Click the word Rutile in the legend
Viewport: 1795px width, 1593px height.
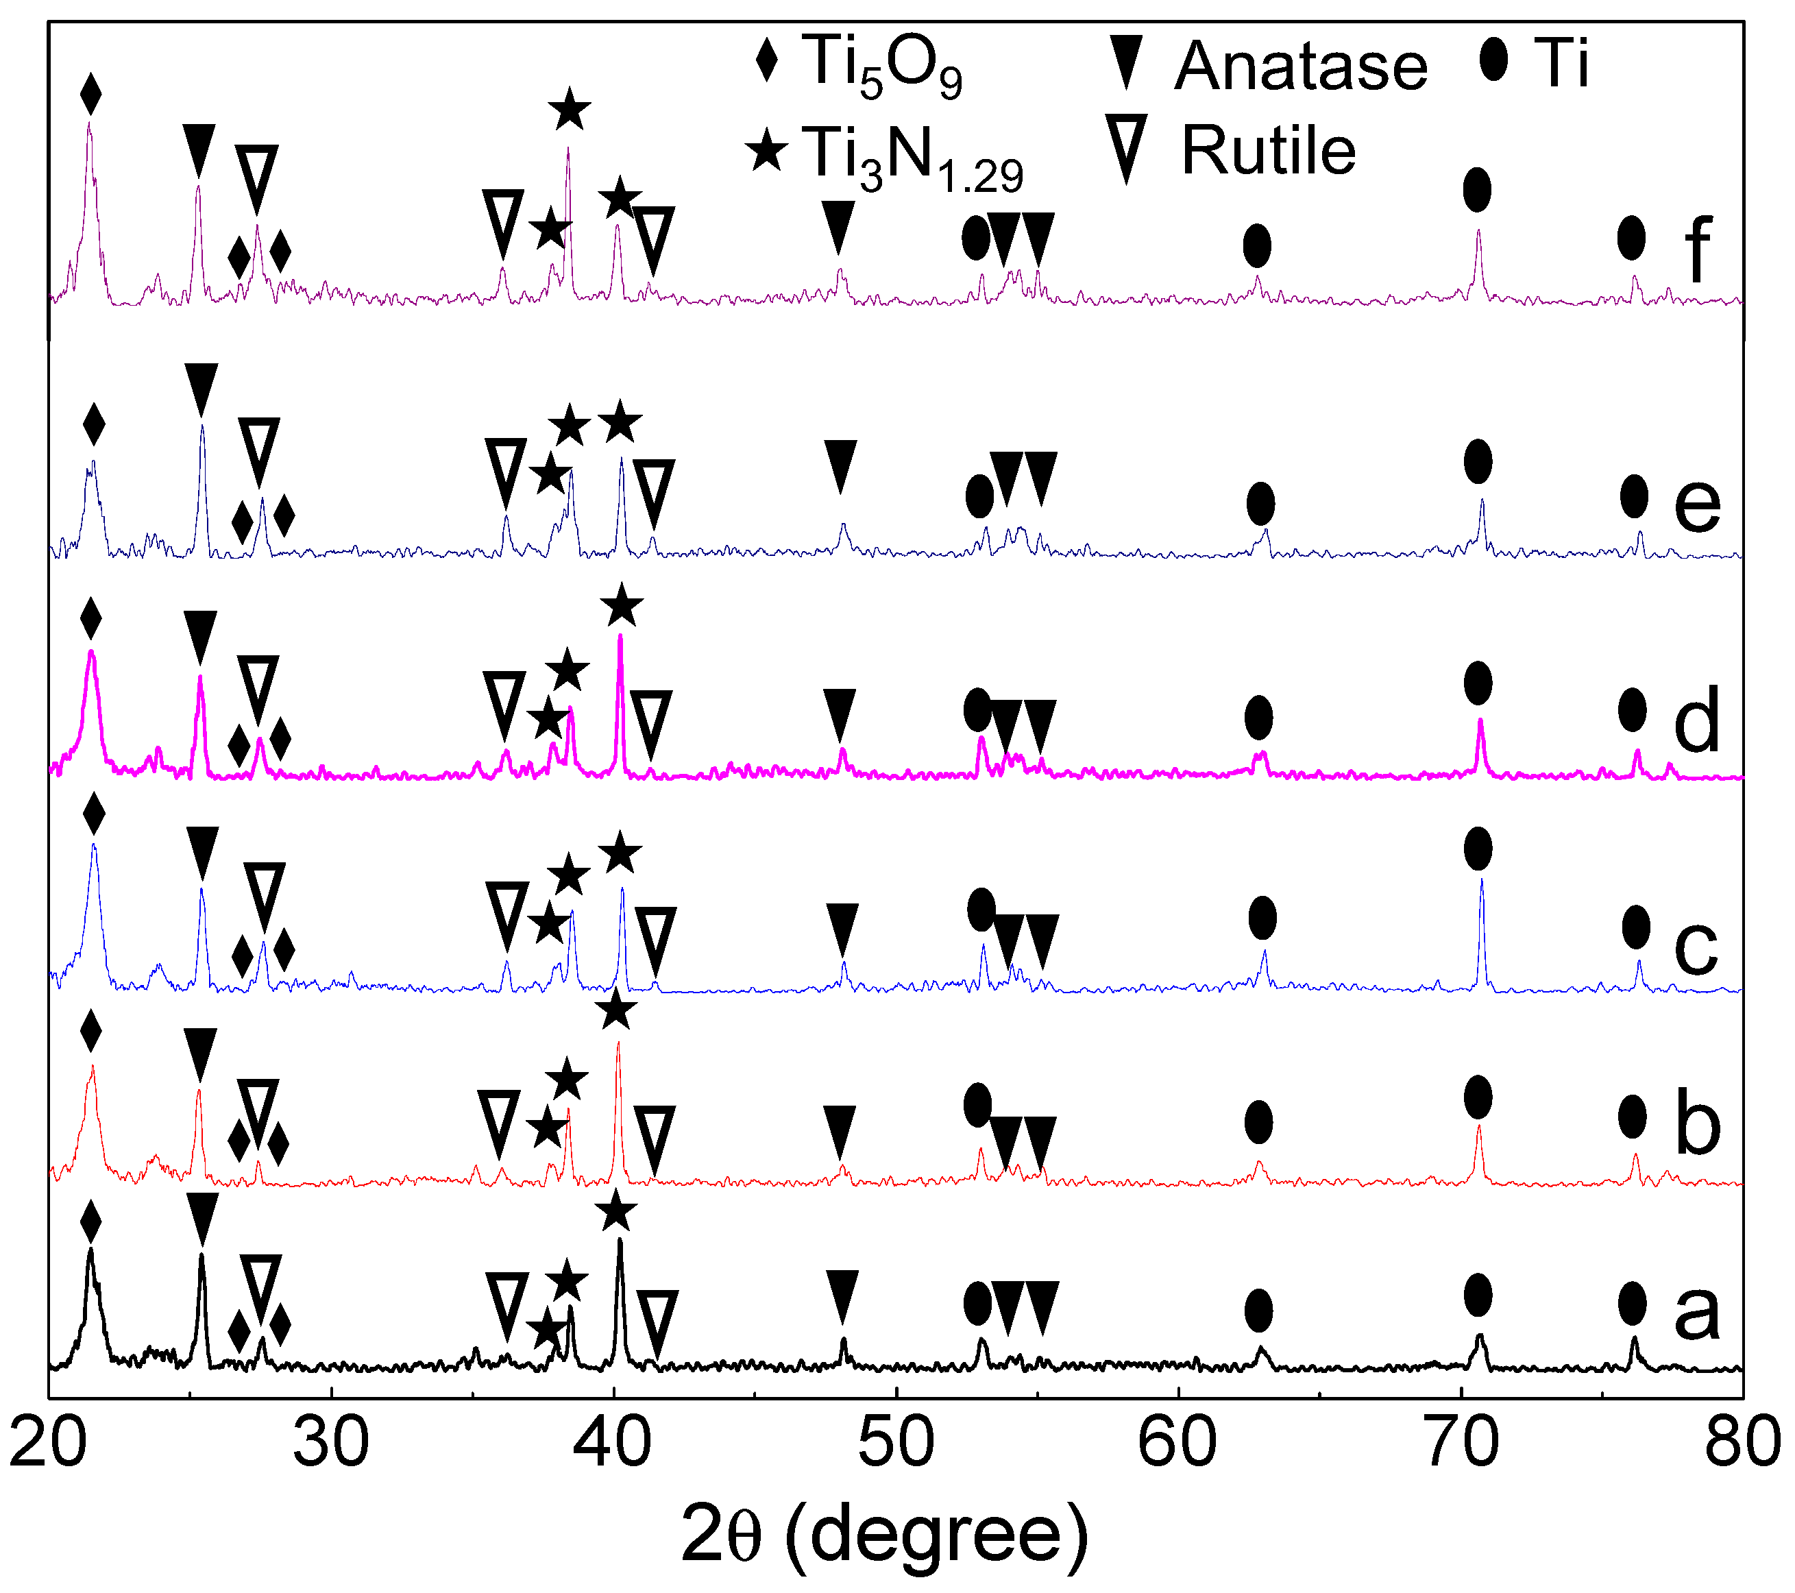[1268, 151]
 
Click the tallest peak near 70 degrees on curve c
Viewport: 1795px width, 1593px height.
[1482, 881]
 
